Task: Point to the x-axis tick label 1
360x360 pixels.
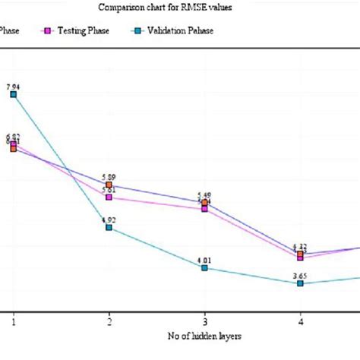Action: click(x=14, y=322)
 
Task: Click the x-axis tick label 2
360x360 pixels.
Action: click(x=109, y=322)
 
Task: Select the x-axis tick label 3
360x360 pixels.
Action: click(x=204, y=322)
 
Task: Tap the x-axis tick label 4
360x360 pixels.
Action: click(x=300, y=322)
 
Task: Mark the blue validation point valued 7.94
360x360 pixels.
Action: click(x=14, y=94)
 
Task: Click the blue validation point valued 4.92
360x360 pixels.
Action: click(x=109, y=227)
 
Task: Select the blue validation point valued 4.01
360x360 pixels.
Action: click(x=204, y=267)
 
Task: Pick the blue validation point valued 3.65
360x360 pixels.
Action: click(x=300, y=283)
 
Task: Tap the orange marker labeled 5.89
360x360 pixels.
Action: click(x=109, y=185)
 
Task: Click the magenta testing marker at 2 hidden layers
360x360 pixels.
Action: click(x=109, y=197)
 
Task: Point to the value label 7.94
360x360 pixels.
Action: click(x=14, y=87)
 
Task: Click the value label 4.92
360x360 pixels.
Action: click(x=109, y=219)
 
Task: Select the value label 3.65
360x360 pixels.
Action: click(x=300, y=276)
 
